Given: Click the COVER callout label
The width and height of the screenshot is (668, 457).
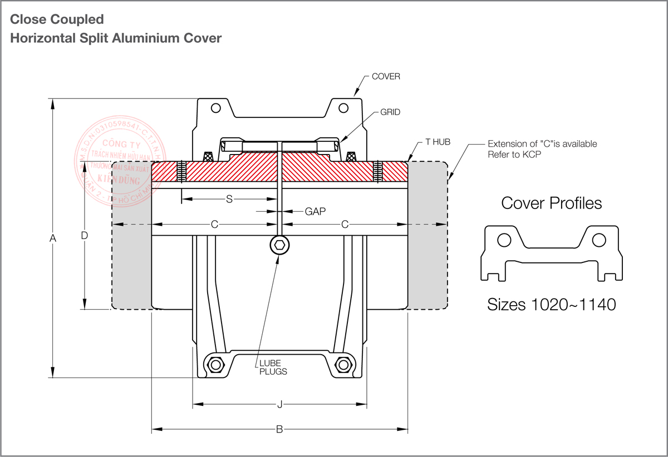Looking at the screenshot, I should click(x=386, y=77).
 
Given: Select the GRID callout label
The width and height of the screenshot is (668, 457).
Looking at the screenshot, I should click(x=390, y=112).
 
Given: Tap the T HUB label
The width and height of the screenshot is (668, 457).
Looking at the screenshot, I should click(x=438, y=142).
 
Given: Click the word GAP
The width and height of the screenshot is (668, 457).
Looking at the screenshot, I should click(x=315, y=212).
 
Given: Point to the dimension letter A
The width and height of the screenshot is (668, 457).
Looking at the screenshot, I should click(x=53, y=239).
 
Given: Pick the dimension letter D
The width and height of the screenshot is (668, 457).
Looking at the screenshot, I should click(x=84, y=235).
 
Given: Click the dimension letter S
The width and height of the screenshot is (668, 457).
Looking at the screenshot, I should click(x=229, y=199).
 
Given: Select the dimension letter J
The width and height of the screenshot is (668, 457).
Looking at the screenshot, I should click(x=279, y=405).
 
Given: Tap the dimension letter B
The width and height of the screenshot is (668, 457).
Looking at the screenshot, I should click(x=279, y=429).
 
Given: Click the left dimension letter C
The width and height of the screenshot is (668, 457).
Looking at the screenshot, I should click(x=214, y=225).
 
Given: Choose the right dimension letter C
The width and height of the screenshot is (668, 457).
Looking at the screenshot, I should click(x=345, y=225).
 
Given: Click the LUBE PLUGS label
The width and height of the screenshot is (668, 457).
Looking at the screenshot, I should click(x=273, y=367).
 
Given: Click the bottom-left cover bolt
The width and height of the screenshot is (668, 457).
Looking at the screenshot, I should click(x=215, y=365).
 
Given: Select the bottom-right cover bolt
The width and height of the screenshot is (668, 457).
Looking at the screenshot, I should click(x=344, y=365).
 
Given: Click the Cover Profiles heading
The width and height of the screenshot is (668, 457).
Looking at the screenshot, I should click(x=551, y=203).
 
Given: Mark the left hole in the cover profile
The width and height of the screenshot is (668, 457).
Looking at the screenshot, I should click(x=504, y=240).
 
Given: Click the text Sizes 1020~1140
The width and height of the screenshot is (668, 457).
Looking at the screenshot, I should click(x=551, y=305).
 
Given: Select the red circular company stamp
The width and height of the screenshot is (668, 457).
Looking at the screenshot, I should click(x=111, y=167).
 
